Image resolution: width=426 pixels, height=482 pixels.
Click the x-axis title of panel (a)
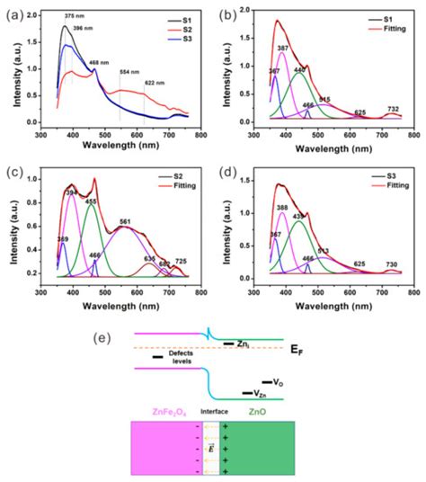[x=112, y=146]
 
